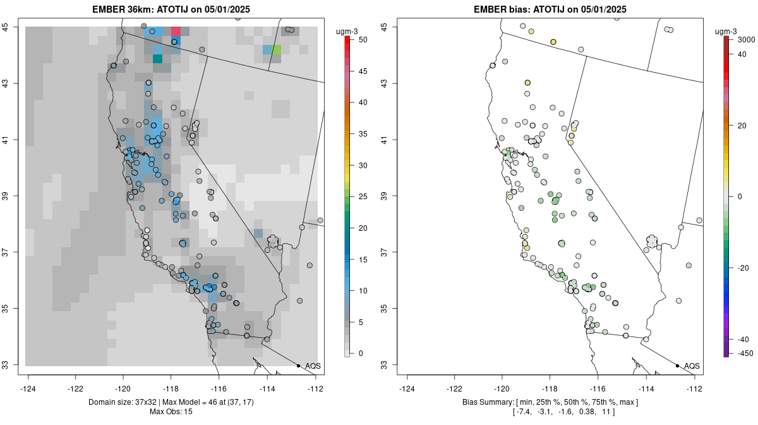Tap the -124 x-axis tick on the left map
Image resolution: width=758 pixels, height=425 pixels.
pos(28,388)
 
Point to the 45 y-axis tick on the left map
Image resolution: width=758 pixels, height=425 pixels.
pos(12,27)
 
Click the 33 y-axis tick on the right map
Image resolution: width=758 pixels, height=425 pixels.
pos(391,365)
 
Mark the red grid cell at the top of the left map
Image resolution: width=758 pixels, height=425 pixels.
pos(176,31)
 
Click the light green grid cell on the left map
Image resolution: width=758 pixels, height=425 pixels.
pos(277,49)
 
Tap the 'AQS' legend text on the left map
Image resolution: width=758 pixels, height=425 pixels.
pos(313,366)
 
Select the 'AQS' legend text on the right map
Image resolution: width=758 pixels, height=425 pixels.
pos(692,366)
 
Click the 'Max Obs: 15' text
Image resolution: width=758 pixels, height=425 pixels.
pos(171,412)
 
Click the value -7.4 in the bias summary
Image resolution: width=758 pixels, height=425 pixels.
pos(526,412)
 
